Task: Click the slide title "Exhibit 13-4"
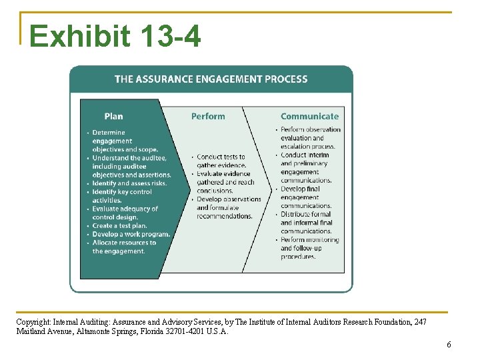(x=115, y=36)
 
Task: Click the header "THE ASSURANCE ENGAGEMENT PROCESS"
(x=211, y=79)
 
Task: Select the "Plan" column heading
(x=114, y=116)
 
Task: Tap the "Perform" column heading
(x=208, y=116)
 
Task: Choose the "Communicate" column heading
(x=309, y=116)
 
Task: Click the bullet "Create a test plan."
(x=119, y=226)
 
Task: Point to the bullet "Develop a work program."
(x=131, y=235)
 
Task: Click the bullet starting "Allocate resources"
(x=123, y=247)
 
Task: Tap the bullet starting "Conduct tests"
(x=221, y=161)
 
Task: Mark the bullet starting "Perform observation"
(x=309, y=137)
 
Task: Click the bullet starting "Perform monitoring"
(x=309, y=248)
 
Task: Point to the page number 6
(x=449, y=345)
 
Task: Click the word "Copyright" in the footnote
(x=32, y=321)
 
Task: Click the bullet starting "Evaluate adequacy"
(x=124, y=213)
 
